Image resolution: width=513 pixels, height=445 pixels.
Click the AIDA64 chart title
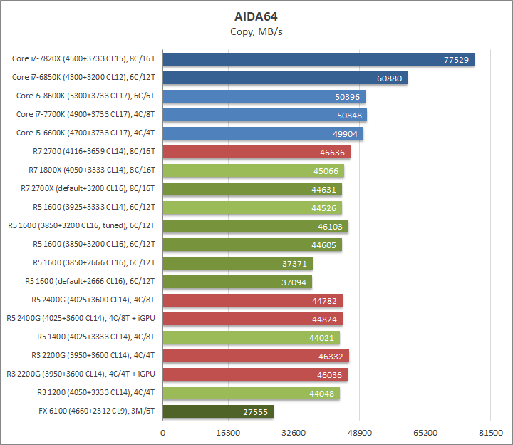coord(256,16)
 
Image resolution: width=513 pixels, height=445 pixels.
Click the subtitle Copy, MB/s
coord(256,31)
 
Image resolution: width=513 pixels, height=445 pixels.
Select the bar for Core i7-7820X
coord(318,59)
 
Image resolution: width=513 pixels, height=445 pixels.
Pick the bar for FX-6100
coord(218,411)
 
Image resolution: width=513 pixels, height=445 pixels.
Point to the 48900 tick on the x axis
coord(359,433)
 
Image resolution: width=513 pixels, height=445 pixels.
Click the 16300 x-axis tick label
coord(228,433)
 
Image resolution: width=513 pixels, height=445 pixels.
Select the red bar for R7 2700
coord(256,152)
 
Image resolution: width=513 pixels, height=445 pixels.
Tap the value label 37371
coord(295,263)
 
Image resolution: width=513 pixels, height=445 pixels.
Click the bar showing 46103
coord(256,226)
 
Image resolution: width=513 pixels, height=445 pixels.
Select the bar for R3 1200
coord(252,393)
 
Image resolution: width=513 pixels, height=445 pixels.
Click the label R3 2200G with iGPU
coord(81,374)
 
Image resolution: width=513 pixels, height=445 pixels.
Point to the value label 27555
coord(256,411)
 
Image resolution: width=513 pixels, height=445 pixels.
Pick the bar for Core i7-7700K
coord(265,115)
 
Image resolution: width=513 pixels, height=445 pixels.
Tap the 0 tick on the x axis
coord(163,433)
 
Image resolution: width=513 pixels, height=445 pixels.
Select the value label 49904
coord(346,133)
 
